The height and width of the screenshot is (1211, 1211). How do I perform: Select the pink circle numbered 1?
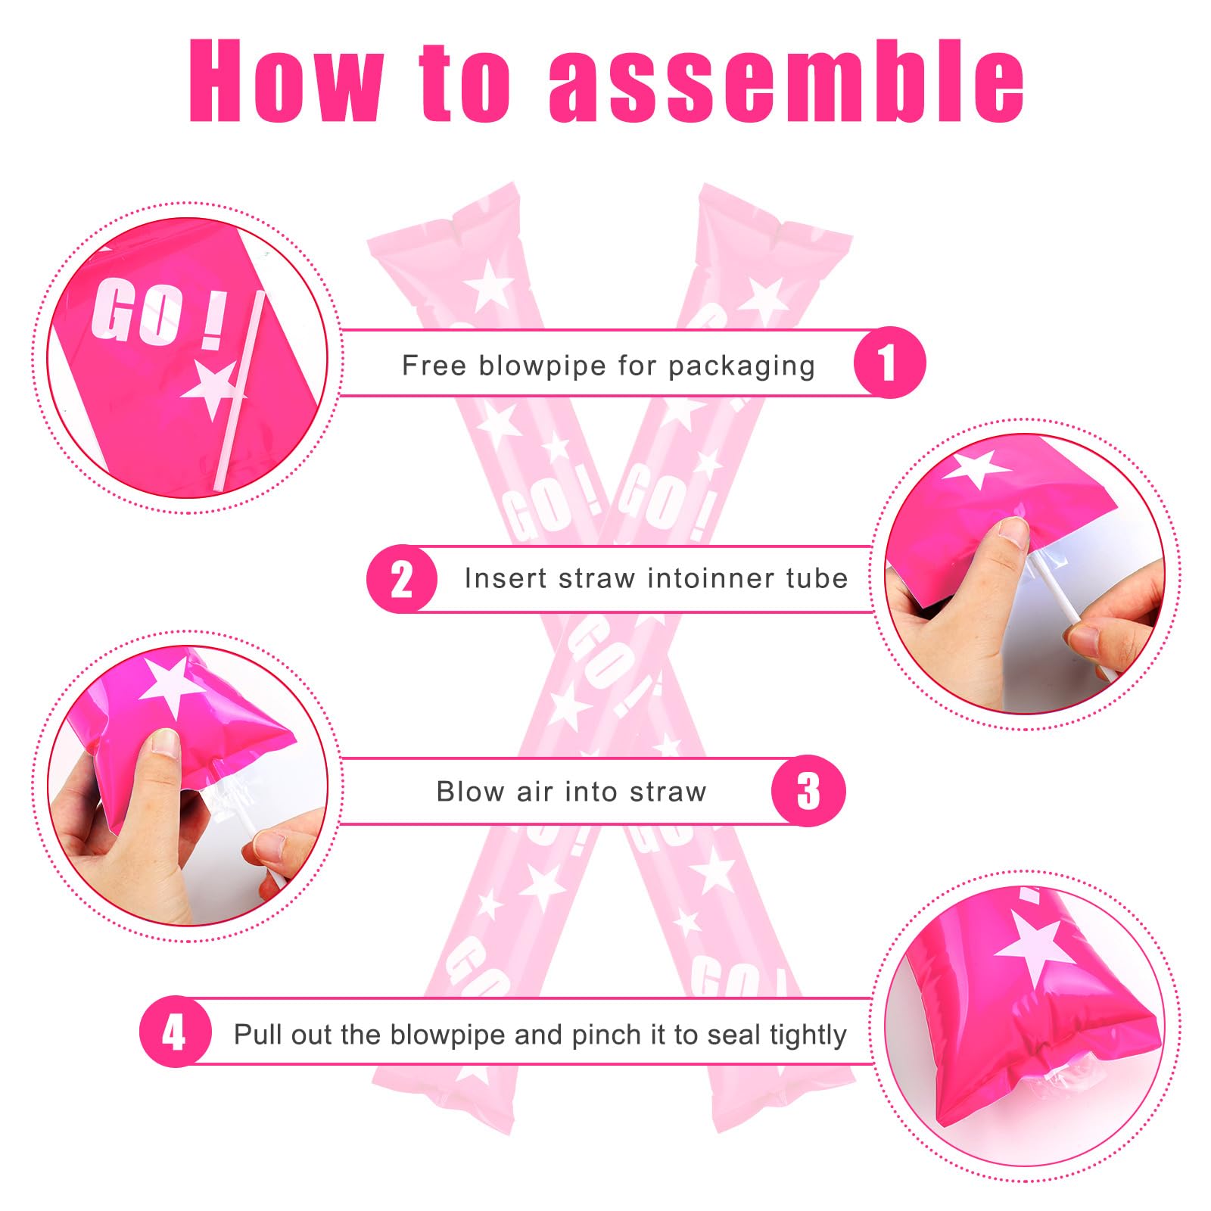[x=889, y=363]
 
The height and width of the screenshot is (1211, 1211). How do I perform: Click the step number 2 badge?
[x=402, y=579]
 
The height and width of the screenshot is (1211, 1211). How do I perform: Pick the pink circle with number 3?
[x=808, y=791]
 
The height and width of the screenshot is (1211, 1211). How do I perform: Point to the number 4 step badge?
[x=175, y=1032]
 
